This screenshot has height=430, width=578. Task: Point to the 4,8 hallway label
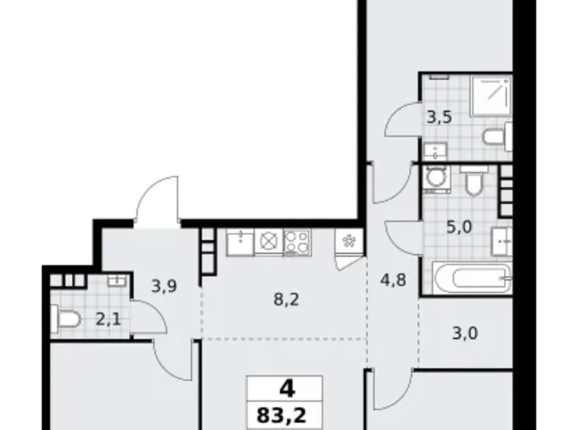[x=393, y=280]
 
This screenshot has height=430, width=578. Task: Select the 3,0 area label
[x=465, y=332]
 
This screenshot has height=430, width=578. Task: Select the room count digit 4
[x=285, y=388]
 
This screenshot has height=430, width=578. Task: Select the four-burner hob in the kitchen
[x=298, y=241]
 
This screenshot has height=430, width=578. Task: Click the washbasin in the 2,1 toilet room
[x=117, y=281]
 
